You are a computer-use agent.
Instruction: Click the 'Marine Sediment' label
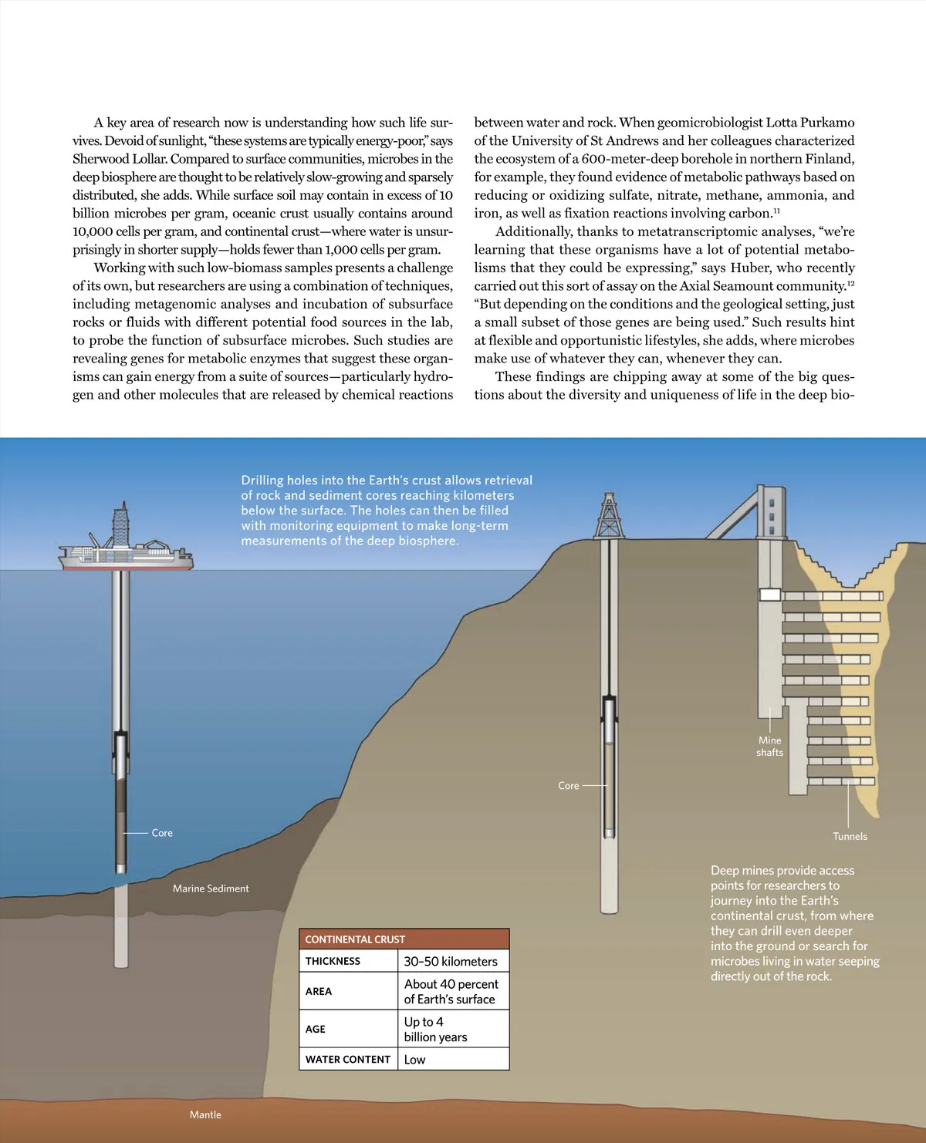pyautogui.click(x=211, y=888)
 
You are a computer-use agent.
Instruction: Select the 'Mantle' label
pyautogui.click(x=205, y=1114)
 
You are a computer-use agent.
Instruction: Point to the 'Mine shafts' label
pyautogui.click(x=770, y=747)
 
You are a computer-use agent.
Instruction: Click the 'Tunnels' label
pyautogui.click(x=850, y=836)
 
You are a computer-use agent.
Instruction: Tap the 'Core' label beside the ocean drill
pyautogui.click(x=162, y=833)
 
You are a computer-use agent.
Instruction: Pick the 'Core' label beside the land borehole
pyautogui.click(x=569, y=786)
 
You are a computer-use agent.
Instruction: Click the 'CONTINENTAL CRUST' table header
pyautogui.click(x=355, y=939)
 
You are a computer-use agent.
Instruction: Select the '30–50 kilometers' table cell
pyautogui.click(x=451, y=962)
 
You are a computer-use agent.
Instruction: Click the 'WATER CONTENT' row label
pyautogui.click(x=348, y=1060)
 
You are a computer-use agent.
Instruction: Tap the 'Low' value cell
pyautogui.click(x=415, y=1060)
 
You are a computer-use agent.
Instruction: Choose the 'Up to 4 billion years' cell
pyautogui.click(x=436, y=1030)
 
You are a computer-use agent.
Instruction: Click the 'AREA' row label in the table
pyautogui.click(x=319, y=992)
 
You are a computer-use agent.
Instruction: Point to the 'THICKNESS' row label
pyautogui.click(x=333, y=962)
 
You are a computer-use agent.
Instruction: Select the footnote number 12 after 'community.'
pyautogui.click(x=851, y=283)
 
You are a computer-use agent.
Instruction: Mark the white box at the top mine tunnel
pyautogui.click(x=770, y=595)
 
